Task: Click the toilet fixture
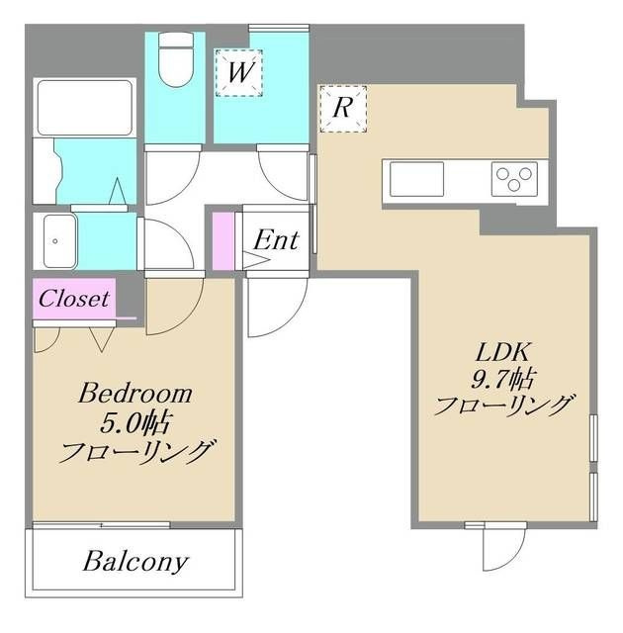pos(175,59)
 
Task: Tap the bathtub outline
pos(85,108)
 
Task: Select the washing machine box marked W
pos(239,72)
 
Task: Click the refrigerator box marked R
pos(343,109)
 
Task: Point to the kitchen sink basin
pos(416,179)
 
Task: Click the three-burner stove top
pos(514,179)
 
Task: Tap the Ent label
pos(277,240)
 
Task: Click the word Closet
pos(74,299)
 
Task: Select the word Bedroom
pos(135,393)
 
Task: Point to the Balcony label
pos(135,561)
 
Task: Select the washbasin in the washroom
pos(59,241)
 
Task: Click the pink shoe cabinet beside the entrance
pos(223,241)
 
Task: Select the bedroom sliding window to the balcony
pos(101,525)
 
